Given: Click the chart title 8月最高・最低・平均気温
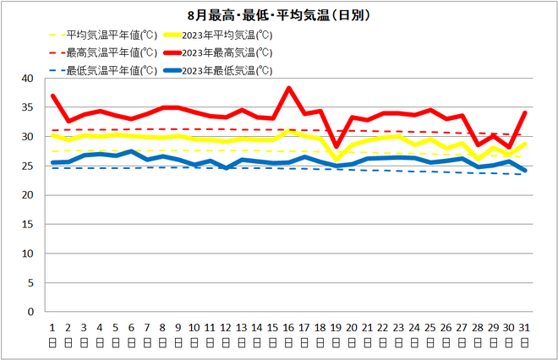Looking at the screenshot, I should click(280, 15).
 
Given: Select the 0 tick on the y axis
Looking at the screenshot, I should click(30, 312).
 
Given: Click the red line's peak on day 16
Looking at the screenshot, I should click(288, 88).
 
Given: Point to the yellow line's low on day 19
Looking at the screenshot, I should click(336, 159).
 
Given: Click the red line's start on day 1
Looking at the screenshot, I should click(52, 95).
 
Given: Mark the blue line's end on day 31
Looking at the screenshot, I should click(524, 170).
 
